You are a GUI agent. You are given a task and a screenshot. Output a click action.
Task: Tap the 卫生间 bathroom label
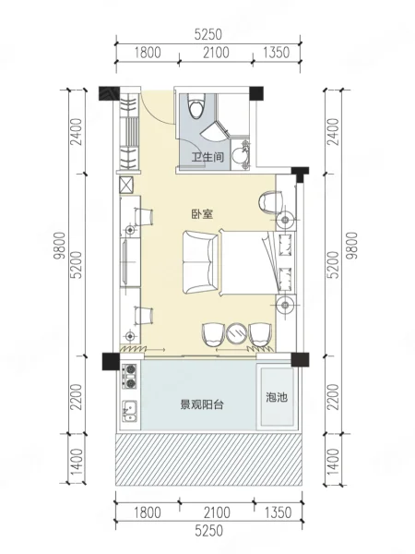tap(207, 157)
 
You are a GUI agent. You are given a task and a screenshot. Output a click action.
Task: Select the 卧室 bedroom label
tap(203, 214)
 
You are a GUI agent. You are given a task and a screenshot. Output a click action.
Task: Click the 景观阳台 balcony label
tap(202, 404)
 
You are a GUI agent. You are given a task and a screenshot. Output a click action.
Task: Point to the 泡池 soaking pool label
tap(277, 397)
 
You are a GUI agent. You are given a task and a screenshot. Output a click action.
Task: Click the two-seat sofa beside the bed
tap(200, 262)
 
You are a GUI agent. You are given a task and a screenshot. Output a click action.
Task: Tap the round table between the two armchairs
tap(237, 332)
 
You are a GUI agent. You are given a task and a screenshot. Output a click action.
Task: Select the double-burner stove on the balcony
tap(130, 377)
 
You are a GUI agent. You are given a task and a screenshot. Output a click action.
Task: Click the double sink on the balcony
tap(130, 412)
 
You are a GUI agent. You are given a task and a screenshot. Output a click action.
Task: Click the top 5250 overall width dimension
tap(208, 34)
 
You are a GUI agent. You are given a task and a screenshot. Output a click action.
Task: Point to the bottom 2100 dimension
tap(216, 512)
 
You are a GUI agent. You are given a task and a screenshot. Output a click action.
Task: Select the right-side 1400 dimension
tap(334, 462)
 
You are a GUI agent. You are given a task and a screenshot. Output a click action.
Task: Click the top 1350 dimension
tap(277, 53)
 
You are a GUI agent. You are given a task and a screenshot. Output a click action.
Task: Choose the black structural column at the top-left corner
tap(105, 93)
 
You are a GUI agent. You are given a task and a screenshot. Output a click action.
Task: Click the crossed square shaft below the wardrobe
tap(126, 185)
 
